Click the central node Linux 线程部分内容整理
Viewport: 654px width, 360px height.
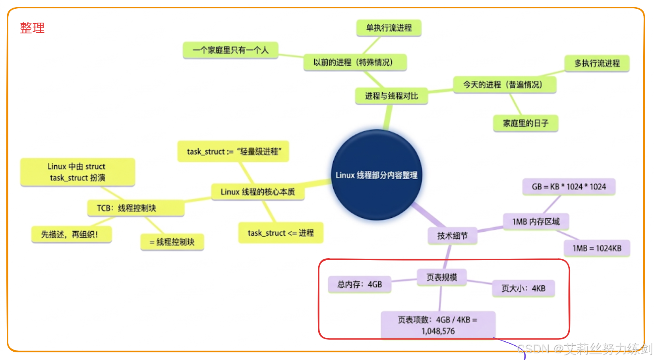click(376, 175)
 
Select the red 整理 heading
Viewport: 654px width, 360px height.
click(32, 28)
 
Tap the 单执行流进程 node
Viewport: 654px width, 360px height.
click(389, 28)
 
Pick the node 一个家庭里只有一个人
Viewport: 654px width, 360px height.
click(230, 50)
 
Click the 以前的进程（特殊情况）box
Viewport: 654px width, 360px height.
click(355, 62)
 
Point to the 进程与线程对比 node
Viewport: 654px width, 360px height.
click(391, 96)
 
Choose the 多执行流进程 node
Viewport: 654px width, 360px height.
click(597, 63)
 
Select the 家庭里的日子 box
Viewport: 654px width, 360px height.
click(525, 123)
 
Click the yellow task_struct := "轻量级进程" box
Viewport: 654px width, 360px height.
click(233, 151)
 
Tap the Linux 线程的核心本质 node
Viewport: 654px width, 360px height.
click(257, 192)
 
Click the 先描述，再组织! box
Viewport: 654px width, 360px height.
click(71, 234)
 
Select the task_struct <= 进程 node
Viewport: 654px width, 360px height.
click(281, 233)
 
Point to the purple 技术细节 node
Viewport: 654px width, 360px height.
click(452, 236)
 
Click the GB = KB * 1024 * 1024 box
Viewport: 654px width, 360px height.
click(569, 187)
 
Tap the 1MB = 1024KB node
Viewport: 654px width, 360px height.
click(597, 248)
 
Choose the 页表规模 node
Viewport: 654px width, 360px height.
click(441, 277)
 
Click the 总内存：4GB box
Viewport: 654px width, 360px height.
click(359, 285)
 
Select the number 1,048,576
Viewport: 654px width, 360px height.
click(438, 331)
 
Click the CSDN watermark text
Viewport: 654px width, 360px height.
click(584, 349)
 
